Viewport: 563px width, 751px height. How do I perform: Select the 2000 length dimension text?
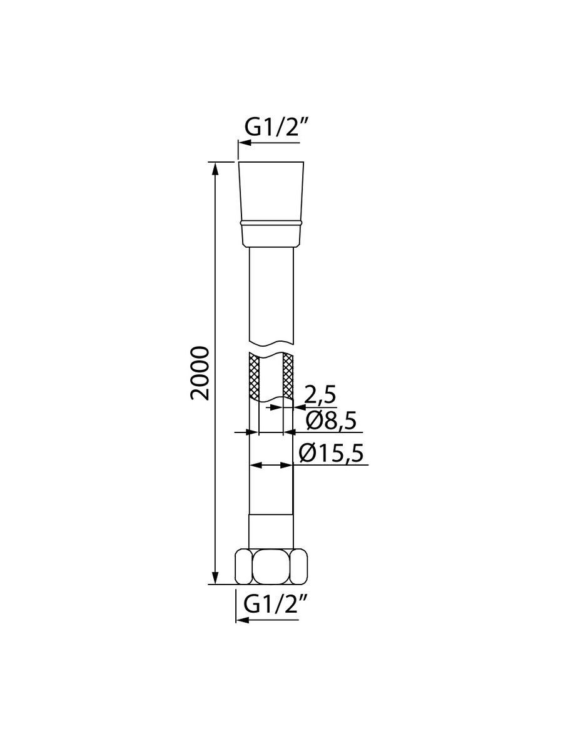click(x=200, y=373)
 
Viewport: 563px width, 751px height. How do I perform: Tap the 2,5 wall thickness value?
click(x=320, y=394)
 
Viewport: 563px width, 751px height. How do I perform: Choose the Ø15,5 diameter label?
click(x=330, y=454)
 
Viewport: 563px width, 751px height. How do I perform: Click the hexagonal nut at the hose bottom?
click(x=271, y=571)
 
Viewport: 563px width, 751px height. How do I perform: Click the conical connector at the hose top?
click(x=271, y=203)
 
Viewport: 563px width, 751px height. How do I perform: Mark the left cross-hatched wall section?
click(x=255, y=376)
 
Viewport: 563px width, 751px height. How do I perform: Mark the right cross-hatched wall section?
click(x=288, y=375)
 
